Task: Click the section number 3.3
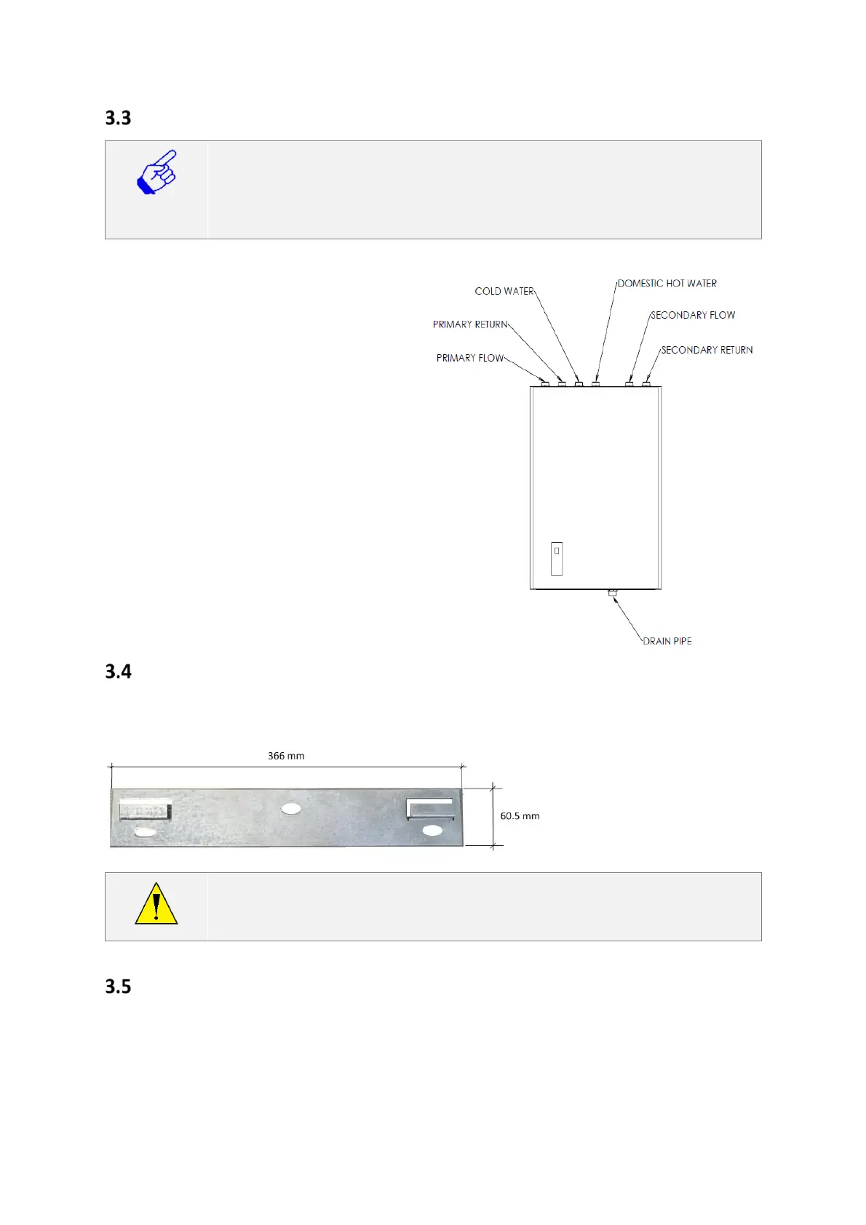tap(118, 118)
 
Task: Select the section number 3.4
tap(118, 671)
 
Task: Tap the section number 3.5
tap(118, 986)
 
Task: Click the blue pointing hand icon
tap(156, 172)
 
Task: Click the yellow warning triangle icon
tap(156, 904)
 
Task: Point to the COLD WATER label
tap(504, 291)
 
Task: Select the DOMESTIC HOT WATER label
tap(667, 283)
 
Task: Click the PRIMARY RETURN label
tap(469, 324)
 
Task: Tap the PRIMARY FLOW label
tap(469, 358)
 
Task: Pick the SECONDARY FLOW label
tap(692, 315)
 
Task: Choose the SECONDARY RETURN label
tap(706, 350)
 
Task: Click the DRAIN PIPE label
tap(667, 641)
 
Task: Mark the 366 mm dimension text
tap(286, 756)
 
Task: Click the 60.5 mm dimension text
tap(520, 816)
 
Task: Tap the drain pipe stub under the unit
tap(613, 593)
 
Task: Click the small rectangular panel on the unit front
tap(557, 559)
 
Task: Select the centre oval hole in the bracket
tap(291, 808)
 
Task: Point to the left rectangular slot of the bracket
tap(145, 809)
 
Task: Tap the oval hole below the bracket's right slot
tap(432, 830)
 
